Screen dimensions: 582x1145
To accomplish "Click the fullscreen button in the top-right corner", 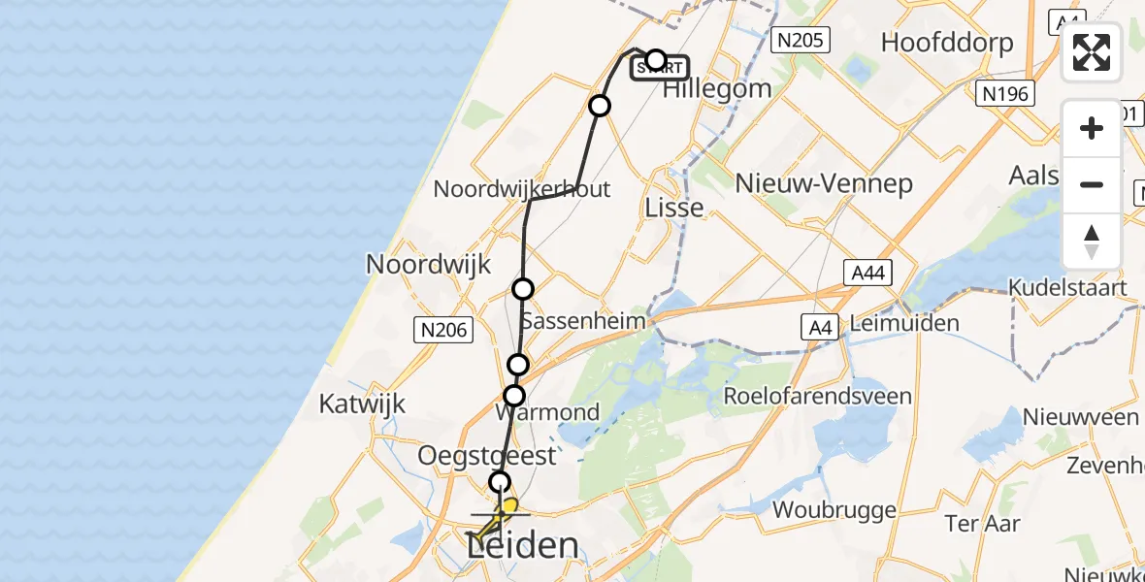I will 1092,52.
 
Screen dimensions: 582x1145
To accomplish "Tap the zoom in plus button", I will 1092,129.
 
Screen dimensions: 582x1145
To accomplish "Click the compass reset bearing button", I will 1092,242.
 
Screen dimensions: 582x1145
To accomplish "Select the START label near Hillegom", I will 661,69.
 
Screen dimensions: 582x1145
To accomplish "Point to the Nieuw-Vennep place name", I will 824,182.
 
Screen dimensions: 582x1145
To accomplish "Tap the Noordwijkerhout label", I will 521,188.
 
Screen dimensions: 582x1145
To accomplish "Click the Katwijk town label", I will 362,404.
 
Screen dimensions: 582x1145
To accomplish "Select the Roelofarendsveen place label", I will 818,396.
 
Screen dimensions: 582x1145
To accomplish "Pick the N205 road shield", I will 800,40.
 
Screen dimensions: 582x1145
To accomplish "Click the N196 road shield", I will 1004,94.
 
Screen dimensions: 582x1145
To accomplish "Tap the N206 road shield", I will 443,331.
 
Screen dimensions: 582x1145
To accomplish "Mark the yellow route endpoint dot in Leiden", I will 508,505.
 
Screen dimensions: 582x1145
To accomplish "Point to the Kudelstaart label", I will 1067,288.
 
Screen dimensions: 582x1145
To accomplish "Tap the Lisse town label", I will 674,209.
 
